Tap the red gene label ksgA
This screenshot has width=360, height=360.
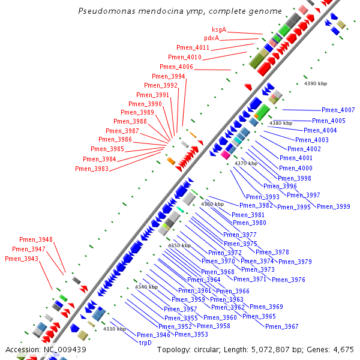point(219,29)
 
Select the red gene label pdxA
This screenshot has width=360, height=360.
point(211,38)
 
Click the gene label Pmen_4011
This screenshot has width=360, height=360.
point(193,48)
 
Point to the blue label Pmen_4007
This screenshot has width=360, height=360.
point(338,110)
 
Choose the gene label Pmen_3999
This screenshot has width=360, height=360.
point(333,207)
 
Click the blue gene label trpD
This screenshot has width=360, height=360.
point(145,343)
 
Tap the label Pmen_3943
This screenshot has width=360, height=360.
point(22,259)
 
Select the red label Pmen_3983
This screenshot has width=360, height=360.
point(92,169)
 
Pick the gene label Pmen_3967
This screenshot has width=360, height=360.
point(281,326)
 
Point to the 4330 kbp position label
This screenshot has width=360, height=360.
point(114,329)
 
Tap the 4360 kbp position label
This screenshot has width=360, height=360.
point(212,204)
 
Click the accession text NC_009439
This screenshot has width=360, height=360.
point(46,349)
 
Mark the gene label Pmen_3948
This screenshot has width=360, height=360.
point(36,240)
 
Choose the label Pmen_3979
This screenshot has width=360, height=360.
point(295,262)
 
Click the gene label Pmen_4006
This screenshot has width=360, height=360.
point(176,67)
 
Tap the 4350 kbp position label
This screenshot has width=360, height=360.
point(179,245)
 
